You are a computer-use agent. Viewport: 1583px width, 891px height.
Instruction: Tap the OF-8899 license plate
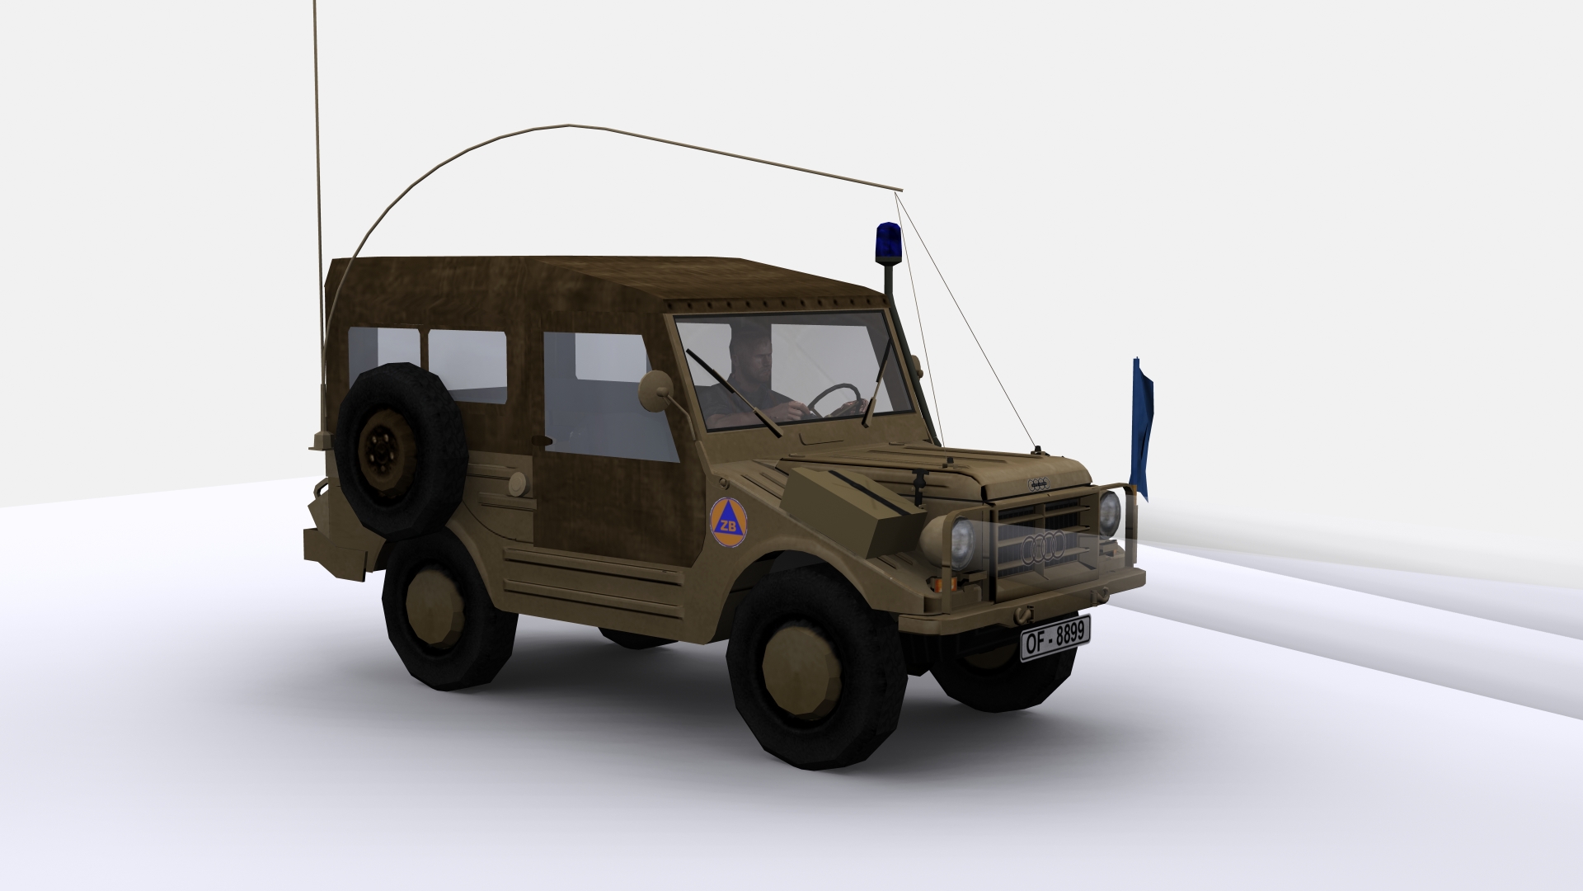coord(1055,638)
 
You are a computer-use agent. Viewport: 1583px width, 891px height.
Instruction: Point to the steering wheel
coord(835,399)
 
